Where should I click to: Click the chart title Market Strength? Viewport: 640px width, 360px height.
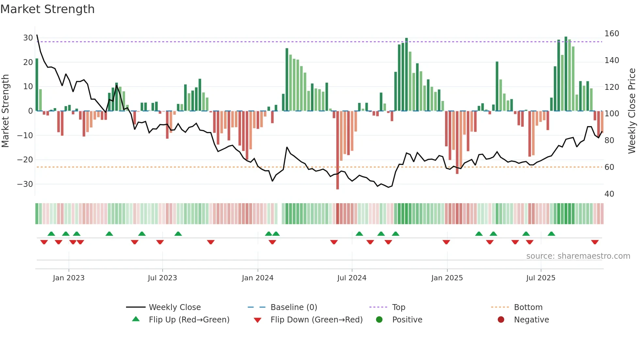[x=47, y=9]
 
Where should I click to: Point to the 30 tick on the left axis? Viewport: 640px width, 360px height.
[x=28, y=38]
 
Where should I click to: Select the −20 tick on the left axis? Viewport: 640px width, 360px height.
[x=25, y=160]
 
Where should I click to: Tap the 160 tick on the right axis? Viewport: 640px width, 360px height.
[x=612, y=34]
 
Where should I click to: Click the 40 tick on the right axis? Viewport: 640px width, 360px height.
[x=609, y=194]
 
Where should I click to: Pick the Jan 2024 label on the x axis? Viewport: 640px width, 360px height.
[x=258, y=278]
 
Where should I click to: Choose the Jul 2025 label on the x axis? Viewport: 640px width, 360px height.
[x=541, y=278]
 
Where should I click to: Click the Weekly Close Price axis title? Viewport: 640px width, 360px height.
[x=632, y=111]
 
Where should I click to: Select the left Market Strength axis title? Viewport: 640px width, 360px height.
[x=5, y=111]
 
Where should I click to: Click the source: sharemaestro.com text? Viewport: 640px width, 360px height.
[x=578, y=256]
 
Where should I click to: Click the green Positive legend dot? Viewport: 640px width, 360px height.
[x=379, y=319]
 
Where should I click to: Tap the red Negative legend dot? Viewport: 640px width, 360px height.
[x=501, y=319]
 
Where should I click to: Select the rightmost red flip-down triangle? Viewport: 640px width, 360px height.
[x=595, y=242]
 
